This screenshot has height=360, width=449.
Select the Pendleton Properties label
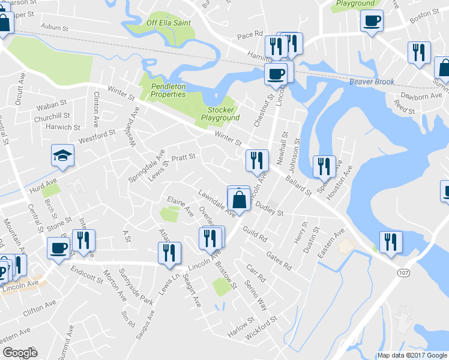(x=168, y=91)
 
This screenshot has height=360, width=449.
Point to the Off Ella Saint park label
(x=166, y=24)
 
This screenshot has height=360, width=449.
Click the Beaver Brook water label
(x=372, y=81)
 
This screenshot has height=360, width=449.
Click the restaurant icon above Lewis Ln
(x=169, y=252)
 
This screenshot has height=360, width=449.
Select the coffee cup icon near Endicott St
(x=59, y=248)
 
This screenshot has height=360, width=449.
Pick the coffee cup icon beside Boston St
(x=372, y=21)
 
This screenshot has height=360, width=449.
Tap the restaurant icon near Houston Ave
(x=324, y=166)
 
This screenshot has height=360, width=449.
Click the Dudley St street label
(x=269, y=209)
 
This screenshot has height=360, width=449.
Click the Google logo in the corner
(x=19, y=353)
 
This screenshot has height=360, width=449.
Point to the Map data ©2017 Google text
(x=412, y=355)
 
